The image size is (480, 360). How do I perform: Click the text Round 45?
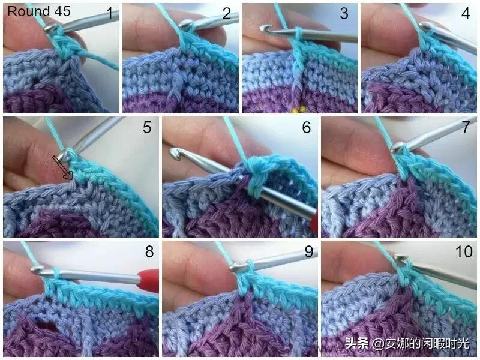(x=39, y=11)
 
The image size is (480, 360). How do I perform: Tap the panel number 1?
(x=109, y=13)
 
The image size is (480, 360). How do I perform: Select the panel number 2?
(x=227, y=13)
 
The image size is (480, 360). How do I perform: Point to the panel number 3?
(x=344, y=13)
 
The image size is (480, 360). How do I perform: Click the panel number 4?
(x=466, y=13)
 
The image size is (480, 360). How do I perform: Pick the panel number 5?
(x=147, y=127)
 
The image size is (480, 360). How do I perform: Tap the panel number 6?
(x=307, y=127)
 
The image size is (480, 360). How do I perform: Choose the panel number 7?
(x=466, y=127)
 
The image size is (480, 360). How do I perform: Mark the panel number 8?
(x=149, y=251)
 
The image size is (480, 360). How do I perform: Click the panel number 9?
(x=308, y=251)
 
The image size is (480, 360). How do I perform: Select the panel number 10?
(x=464, y=251)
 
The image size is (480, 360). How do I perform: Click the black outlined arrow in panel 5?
(x=62, y=167)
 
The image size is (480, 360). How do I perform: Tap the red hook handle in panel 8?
(x=148, y=278)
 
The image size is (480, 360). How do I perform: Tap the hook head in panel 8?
(x=37, y=270)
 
